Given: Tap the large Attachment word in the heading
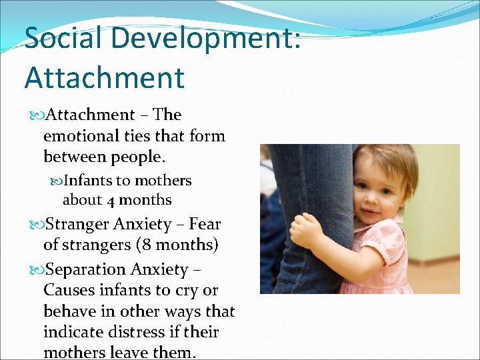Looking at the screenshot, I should (104, 77).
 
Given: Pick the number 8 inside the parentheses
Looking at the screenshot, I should (144, 245).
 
